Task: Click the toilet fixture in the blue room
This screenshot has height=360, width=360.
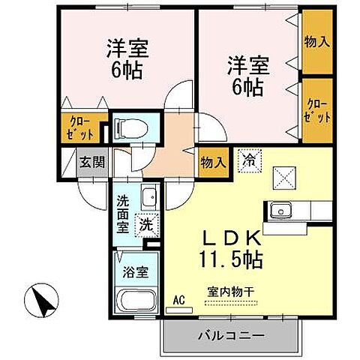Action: click(137, 127)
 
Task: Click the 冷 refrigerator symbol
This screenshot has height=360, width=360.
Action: click(248, 158)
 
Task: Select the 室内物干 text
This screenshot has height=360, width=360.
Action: click(231, 295)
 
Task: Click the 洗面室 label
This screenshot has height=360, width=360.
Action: click(122, 214)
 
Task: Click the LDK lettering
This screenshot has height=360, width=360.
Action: click(231, 240)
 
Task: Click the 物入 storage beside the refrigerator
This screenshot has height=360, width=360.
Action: click(211, 161)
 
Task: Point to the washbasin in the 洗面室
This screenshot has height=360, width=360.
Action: click(148, 196)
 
